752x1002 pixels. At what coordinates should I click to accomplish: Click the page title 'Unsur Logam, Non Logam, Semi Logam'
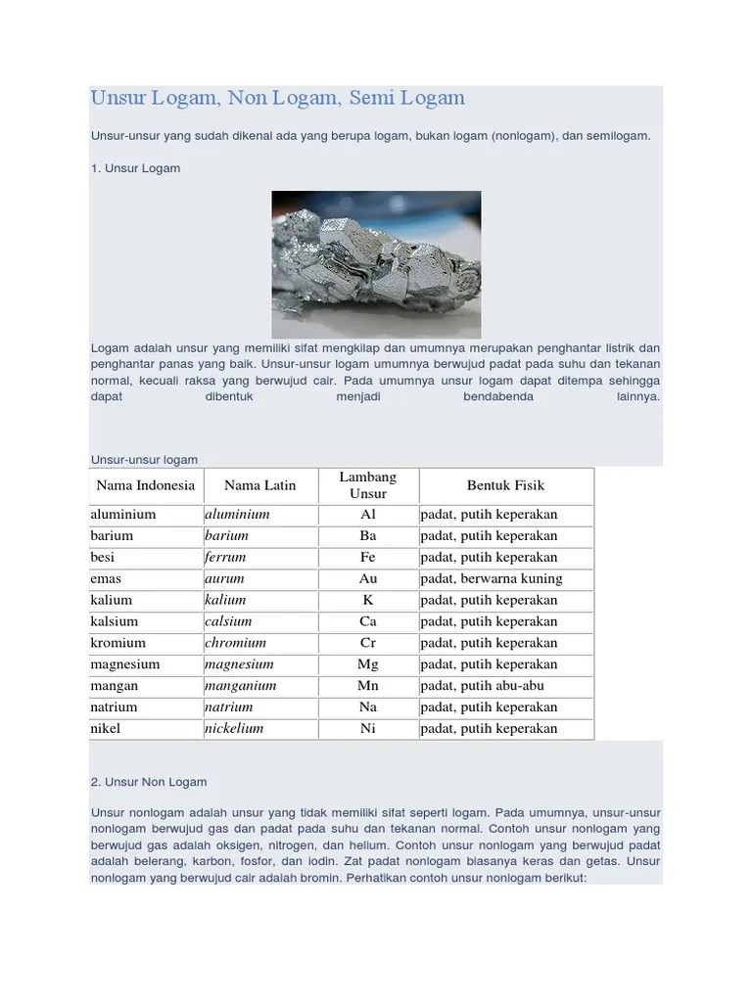(277, 99)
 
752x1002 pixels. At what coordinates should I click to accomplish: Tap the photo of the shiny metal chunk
(376, 264)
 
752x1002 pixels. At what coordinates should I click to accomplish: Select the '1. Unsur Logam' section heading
(136, 168)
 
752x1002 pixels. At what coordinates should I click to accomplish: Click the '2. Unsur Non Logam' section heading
(149, 782)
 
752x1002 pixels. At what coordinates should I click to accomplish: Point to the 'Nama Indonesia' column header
(146, 485)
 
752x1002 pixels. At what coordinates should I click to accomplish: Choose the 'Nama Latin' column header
(259, 485)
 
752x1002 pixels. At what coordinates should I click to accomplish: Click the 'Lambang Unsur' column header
(368, 485)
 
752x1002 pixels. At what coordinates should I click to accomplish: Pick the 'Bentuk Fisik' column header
(505, 485)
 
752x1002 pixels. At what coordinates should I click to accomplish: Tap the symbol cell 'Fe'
(368, 558)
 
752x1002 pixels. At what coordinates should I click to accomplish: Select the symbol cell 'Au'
(368, 579)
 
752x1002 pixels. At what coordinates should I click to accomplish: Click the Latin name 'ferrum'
(225, 558)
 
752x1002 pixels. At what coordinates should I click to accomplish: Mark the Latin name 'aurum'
(224, 579)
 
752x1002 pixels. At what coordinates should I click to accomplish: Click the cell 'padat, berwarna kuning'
(492, 579)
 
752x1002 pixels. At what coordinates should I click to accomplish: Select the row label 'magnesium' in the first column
(125, 664)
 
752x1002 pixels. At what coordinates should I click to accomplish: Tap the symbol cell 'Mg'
(368, 664)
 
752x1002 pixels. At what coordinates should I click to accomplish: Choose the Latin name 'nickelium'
(234, 729)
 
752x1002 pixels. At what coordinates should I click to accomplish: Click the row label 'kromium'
(117, 643)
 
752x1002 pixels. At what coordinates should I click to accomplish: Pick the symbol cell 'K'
(368, 601)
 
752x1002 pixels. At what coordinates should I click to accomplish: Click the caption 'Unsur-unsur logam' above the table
(145, 459)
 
